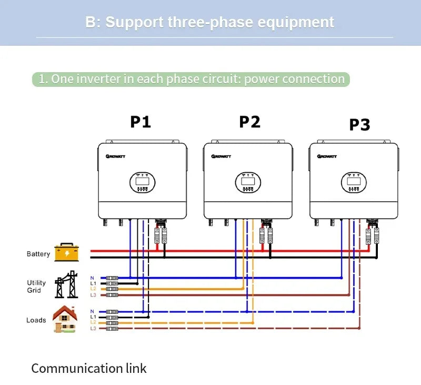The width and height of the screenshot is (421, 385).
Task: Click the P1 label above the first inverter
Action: click(141, 122)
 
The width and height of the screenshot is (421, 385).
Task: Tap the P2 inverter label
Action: click(249, 122)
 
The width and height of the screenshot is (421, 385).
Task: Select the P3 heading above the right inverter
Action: click(359, 125)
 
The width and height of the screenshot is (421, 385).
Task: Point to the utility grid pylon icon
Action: click(66, 285)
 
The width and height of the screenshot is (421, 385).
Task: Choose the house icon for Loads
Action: click(65, 319)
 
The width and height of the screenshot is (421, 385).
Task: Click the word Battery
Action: click(38, 254)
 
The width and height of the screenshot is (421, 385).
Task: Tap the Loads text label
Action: click(36, 320)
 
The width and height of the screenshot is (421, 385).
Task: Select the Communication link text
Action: click(89, 368)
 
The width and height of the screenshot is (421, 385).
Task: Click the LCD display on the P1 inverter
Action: click(142, 183)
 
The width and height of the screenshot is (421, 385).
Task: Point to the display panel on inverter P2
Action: click(248, 183)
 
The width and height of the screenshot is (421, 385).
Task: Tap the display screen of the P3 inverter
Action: click(353, 183)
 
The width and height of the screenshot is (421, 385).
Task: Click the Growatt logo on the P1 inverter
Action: click(114, 156)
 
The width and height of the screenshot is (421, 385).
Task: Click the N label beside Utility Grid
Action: click(93, 278)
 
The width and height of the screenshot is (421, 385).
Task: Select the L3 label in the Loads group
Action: click(93, 329)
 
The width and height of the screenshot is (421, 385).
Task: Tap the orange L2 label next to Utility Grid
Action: click(93, 289)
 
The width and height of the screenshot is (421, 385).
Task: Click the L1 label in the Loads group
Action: click(93, 317)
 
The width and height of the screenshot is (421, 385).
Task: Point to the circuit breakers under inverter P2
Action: click(266, 235)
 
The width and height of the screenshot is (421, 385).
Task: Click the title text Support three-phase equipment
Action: click(209, 22)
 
